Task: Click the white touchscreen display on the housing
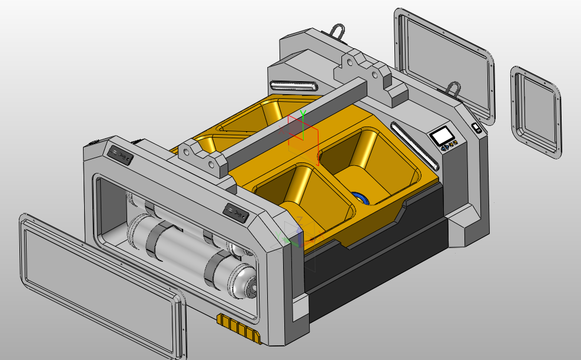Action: [441, 136]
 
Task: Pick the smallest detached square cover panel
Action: [536, 112]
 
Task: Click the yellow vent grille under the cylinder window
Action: [238, 327]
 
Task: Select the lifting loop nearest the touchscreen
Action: [453, 88]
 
